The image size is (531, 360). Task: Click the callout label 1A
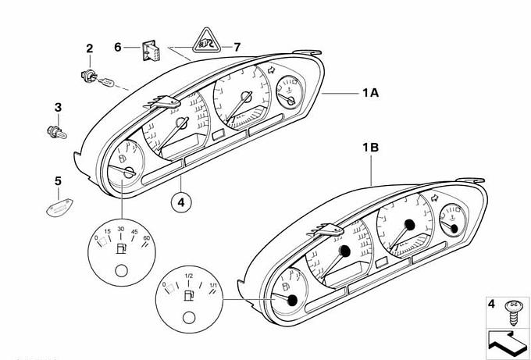[369, 93]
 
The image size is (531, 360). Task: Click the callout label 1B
[369, 147]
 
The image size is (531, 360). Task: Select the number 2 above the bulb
[89, 49]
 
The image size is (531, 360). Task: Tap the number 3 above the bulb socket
[58, 106]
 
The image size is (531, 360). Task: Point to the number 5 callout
[58, 181]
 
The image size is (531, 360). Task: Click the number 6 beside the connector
[118, 47]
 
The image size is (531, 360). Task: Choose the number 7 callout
[237, 47]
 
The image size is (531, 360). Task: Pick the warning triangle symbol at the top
[206, 40]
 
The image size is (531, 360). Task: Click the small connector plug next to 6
[151, 50]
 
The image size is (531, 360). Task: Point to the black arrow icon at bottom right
[505, 341]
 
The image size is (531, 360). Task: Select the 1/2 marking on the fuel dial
[188, 276]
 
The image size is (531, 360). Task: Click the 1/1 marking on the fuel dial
[213, 284]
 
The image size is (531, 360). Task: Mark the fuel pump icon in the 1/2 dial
[189, 297]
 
